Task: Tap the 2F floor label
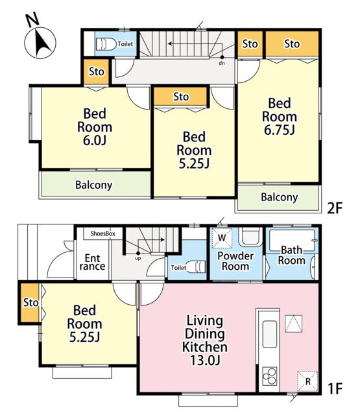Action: click(x=335, y=208)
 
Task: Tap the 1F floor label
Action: click(x=335, y=389)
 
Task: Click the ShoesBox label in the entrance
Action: click(x=102, y=233)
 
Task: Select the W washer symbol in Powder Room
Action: click(x=222, y=238)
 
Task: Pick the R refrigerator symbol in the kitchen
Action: click(x=307, y=381)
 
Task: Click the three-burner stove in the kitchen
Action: click(x=269, y=376)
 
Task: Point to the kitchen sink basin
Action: click(x=269, y=334)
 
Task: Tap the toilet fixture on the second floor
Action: click(x=106, y=44)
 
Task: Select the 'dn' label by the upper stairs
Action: click(x=222, y=64)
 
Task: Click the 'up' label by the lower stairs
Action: click(x=138, y=259)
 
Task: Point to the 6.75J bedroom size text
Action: click(x=280, y=130)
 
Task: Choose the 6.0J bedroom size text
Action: click(x=95, y=140)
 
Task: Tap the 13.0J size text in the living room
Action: click(x=205, y=361)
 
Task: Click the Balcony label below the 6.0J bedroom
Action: click(x=93, y=185)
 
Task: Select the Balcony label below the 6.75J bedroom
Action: click(x=280, y=197)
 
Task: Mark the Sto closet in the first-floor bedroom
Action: click(x=30, y=303)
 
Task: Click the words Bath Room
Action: click(x=291, y=255)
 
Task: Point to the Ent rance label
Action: click(x=92, y=262)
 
